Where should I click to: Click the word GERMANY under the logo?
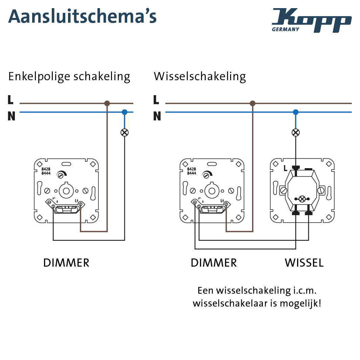pyautogui.click(x=286, y=29)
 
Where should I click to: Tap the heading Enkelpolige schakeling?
pyautogui.click(x=69, y=76)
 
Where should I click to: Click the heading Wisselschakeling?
pyautogui.click(x=200, y=76)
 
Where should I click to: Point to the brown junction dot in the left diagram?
pyautogui.click(x=107, y=103)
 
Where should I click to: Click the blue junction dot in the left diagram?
pyautogui.click(x=125, y=112)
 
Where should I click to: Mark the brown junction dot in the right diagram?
pyautogui.click(x=252, y=103)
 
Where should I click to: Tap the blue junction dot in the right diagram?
pyautogui.click(x=296, y=112)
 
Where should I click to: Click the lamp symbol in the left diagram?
pyautogui.click(x=125, y=132)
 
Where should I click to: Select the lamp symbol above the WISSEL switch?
pyautogui.click(x=296, y=132)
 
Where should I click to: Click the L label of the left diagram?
pyautogui.click(x=10, y=100)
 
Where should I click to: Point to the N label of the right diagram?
pyautogui.click(x=157, y=116)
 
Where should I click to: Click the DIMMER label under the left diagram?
pyautogui.click(x=66, y=263)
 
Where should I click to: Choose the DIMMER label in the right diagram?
pyautogui.click(x=214, y=263)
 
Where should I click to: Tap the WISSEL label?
pyautogui.click(x=304, y=263)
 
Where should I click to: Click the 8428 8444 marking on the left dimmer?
pyautogui.click(x=46, y=171)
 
